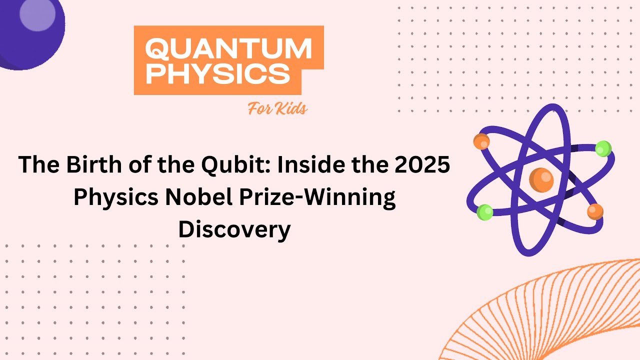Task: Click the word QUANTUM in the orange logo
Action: (228, 49)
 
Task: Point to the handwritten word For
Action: (261, 108)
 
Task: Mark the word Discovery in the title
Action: (234, 229)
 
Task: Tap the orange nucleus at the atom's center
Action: (541, 180)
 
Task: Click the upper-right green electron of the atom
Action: (603, 148)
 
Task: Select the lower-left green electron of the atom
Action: (484, 212)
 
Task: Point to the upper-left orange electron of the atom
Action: (481, 141)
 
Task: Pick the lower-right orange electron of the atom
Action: (595, 211)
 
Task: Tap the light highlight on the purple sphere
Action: (37, 15)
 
